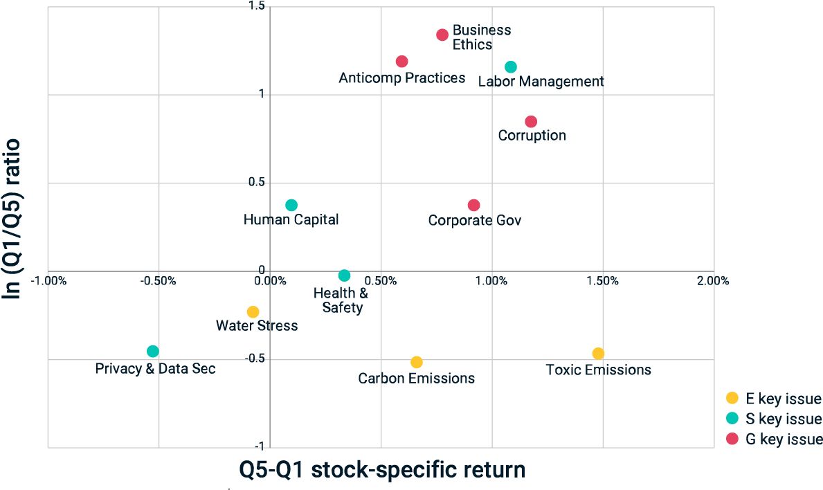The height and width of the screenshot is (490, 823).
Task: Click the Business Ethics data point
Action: pos(442,35)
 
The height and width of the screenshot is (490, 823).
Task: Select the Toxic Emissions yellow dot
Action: pos(598,354)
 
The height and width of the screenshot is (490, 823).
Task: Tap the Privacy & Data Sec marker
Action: pos(153,352)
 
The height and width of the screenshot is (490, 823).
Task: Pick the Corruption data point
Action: pos(531,122)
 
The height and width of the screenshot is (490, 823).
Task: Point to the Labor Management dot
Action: pos(511,67)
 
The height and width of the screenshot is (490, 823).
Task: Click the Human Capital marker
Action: pos(291,205)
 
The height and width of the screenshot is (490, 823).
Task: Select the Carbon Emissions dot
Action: pos(417,362)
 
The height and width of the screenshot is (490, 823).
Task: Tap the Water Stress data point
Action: pos(253,312)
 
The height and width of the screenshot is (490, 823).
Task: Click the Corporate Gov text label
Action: pos(474,221)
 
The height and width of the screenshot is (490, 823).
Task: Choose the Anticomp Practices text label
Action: pos(401,78)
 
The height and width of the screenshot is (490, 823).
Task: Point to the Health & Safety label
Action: pos(341,300)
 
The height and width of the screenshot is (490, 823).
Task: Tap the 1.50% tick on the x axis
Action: pos(602,281)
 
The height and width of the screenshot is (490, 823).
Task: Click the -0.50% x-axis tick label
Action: pos(159,281)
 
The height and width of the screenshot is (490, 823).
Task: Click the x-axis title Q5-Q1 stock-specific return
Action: pos(382,470)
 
